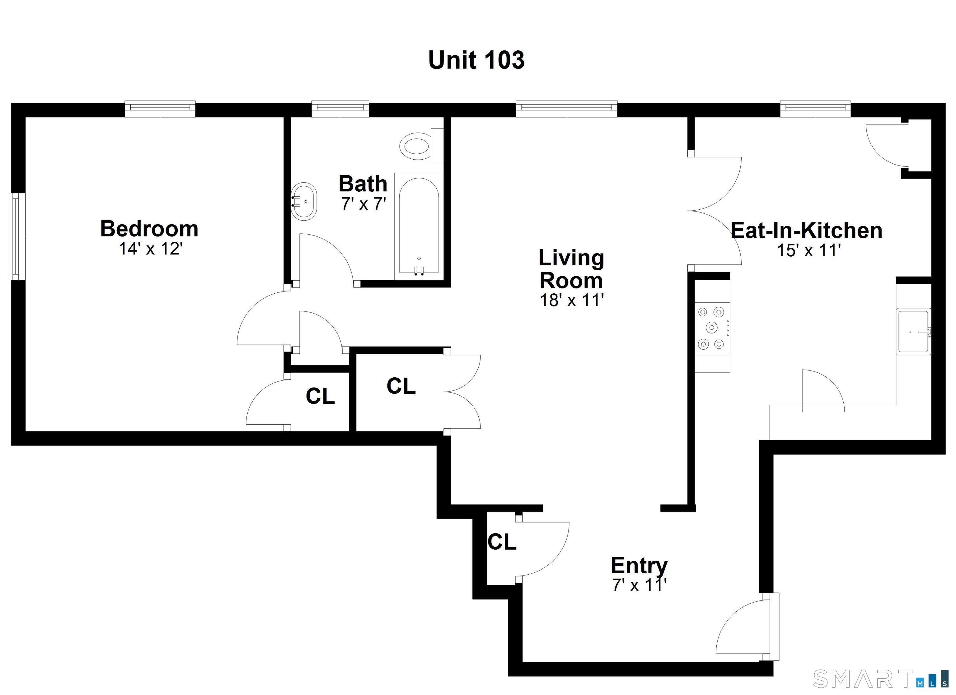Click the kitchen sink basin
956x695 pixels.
913,332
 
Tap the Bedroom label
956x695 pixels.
149,229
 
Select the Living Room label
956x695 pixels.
571,269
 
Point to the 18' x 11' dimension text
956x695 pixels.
572,300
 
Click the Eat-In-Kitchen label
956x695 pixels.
806,231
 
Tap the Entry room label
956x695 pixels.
639,565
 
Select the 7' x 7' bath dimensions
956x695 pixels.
363,204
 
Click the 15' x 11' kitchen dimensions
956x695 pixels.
809,250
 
